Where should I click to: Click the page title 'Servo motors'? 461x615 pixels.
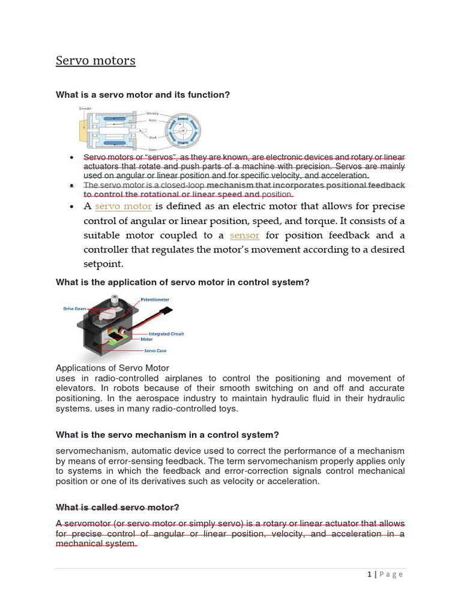pos(95,61)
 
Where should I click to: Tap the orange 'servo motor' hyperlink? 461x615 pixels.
pos(123,207)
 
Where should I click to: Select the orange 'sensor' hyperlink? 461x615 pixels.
pos(244,235)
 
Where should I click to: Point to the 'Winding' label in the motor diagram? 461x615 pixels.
pos(152,113)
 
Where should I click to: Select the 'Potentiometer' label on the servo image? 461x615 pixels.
pos(155,299)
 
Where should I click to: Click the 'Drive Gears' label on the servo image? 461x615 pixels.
pos(74,309)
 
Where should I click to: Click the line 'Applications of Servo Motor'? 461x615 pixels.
pos(112,368)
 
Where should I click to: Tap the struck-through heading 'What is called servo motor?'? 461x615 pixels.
pos(118,507)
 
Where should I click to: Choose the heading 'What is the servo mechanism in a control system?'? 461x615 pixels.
pos(167,435)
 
